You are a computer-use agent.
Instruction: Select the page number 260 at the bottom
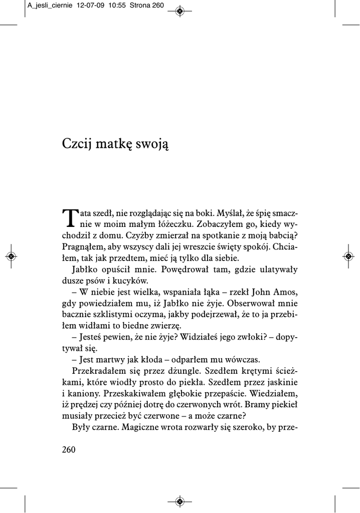coord(69,449)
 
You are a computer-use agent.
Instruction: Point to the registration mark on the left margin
coord(12,256)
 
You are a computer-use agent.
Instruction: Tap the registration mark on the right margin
coord(348,256)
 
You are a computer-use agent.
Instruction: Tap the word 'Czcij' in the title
coord(74,144)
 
